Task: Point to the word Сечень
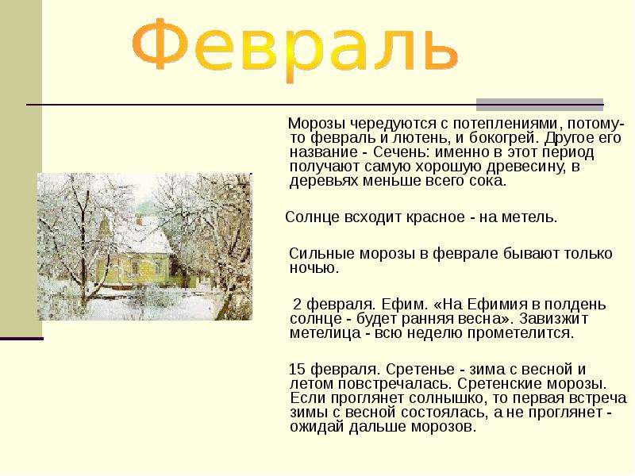click(392, 152)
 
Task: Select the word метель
click(531, 217)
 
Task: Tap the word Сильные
click(317, 254)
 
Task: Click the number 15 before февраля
click(296, 370)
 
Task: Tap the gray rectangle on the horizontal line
click(539, 103)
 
